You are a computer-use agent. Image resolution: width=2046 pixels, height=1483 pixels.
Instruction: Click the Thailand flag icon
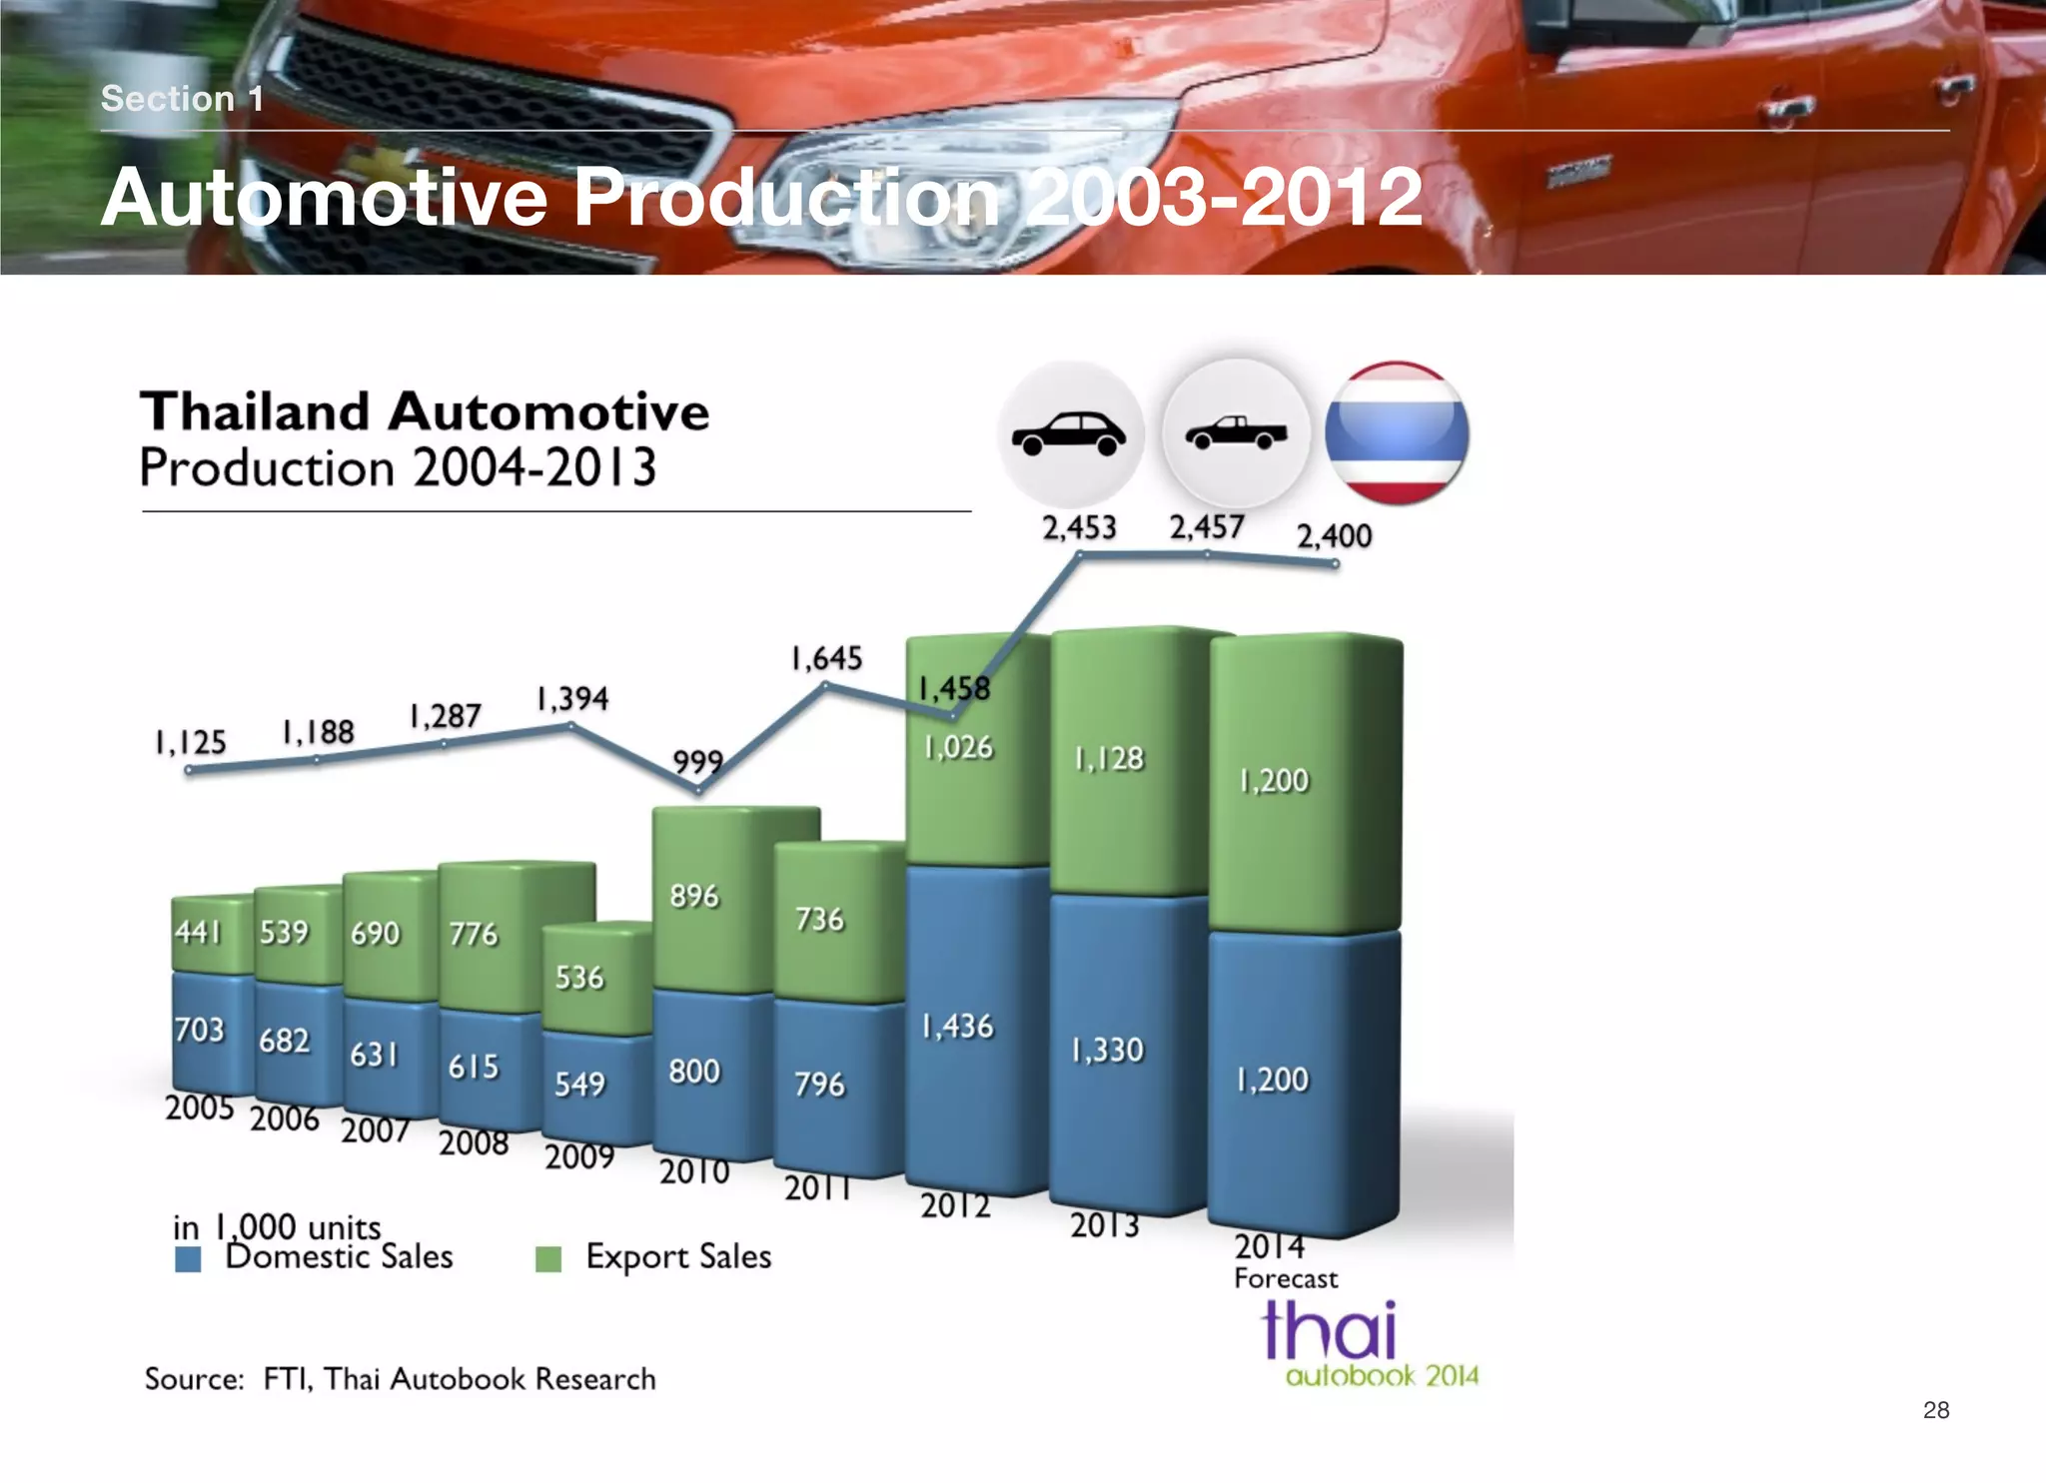click(x=1396, y=433)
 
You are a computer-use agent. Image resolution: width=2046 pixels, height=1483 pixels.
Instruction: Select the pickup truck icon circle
click(x=1236, y=433)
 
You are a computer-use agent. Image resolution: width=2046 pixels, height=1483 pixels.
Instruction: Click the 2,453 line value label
click(x=1079, y=527)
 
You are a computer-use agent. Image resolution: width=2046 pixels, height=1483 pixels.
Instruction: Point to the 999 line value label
click(x=697, y=762)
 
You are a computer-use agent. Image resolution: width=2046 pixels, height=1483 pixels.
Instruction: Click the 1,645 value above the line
click(x=826, y=658)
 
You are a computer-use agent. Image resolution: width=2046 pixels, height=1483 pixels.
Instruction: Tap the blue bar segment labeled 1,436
click(x=957, y=1027)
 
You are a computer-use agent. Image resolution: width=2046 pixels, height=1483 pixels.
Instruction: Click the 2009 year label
click(x=579, y=1156)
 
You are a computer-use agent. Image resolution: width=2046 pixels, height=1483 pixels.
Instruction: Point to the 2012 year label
click(x=955, y=1206)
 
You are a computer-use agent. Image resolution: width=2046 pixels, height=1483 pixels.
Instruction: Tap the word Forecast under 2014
click(x=1286, y=1279)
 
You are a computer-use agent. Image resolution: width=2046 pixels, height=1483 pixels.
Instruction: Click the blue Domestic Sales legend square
click(x=188, y=1258)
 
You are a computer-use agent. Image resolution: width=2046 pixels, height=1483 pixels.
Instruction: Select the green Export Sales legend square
click(x=547, y=1258)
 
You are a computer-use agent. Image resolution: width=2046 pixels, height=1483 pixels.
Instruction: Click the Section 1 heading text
click(x=182, y=99)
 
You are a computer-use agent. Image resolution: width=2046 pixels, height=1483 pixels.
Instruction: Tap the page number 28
click(x=1935, y=1409)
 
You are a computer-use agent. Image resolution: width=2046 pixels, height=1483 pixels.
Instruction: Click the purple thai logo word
click(x=1328, y=1330)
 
